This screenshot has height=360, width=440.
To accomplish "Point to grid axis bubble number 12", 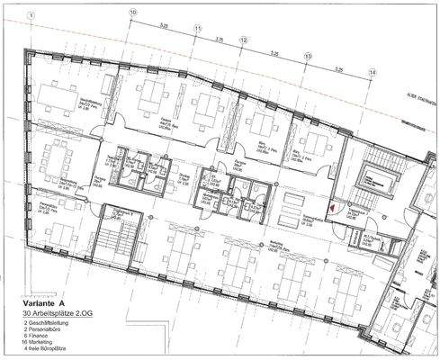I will pos(243,40).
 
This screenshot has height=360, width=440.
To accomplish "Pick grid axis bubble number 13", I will pos(309,56).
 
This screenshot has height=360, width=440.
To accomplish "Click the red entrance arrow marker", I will pos(330,207).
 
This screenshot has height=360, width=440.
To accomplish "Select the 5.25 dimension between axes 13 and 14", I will pos(340,68).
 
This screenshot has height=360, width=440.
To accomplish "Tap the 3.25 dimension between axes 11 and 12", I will pos(220,38).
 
